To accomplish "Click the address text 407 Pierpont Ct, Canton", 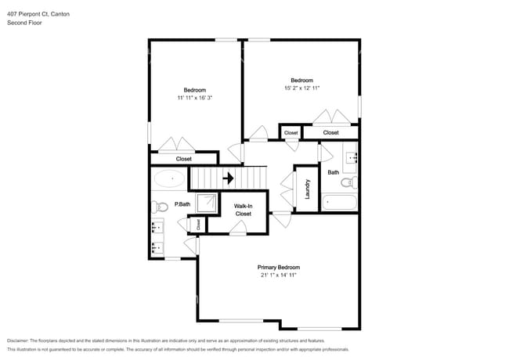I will tap(39, 14).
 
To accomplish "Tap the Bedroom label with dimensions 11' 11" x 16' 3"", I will tap(195, 90).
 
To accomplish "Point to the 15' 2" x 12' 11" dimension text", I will tap(302, 88).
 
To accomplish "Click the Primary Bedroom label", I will tap(279, 267).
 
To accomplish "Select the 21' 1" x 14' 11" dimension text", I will tap(279, 275).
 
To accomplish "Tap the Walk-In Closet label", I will tap(244, 209).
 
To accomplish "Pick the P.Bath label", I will tap(182, 204).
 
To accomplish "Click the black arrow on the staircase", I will tap(228, 178).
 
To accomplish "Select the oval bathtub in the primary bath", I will tap(169, 179).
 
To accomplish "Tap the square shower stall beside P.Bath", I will tap(208, 204).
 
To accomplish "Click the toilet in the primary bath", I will tap(160, 207).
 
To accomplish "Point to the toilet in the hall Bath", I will tap(352, 183).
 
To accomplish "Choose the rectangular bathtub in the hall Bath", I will tap(340, 203).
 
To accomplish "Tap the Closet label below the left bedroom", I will tap(183, 159).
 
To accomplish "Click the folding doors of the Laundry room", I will tap(286, 192).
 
